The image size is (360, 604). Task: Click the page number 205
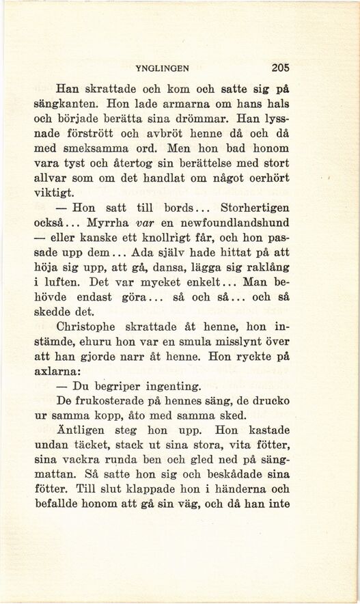click(x=281, y=68)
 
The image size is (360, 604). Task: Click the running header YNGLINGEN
click(x=163, y=68)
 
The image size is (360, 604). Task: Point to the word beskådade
click(x=225, y=478)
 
